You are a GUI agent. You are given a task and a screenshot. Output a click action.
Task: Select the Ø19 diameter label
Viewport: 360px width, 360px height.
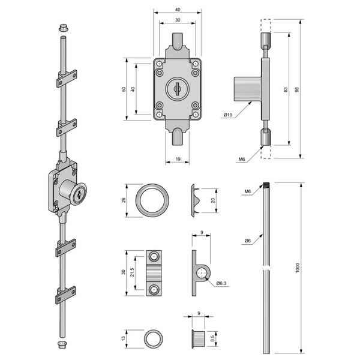click(x=228, y=115)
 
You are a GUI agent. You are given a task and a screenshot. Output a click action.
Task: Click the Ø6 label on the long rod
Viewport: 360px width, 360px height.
click(x=247, y=241)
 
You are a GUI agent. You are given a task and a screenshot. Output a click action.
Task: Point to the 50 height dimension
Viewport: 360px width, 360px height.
click(x=124, y=89)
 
